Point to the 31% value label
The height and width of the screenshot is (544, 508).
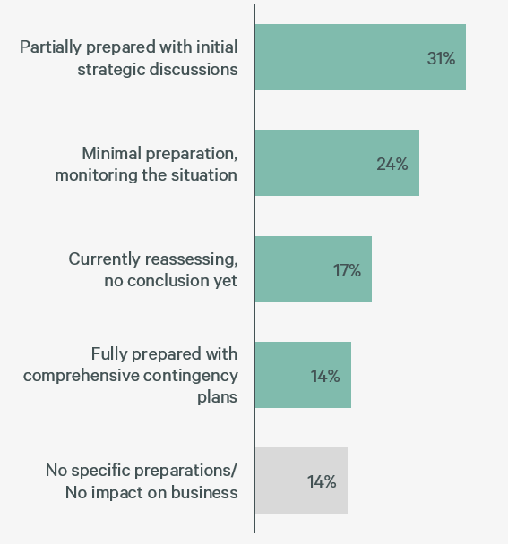pos(441,58)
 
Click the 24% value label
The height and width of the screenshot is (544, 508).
pos(392,164)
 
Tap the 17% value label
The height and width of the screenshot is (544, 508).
pos(347,270)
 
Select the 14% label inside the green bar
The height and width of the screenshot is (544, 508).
pos(325,376)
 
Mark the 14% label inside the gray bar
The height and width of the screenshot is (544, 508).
pos(322,481)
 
